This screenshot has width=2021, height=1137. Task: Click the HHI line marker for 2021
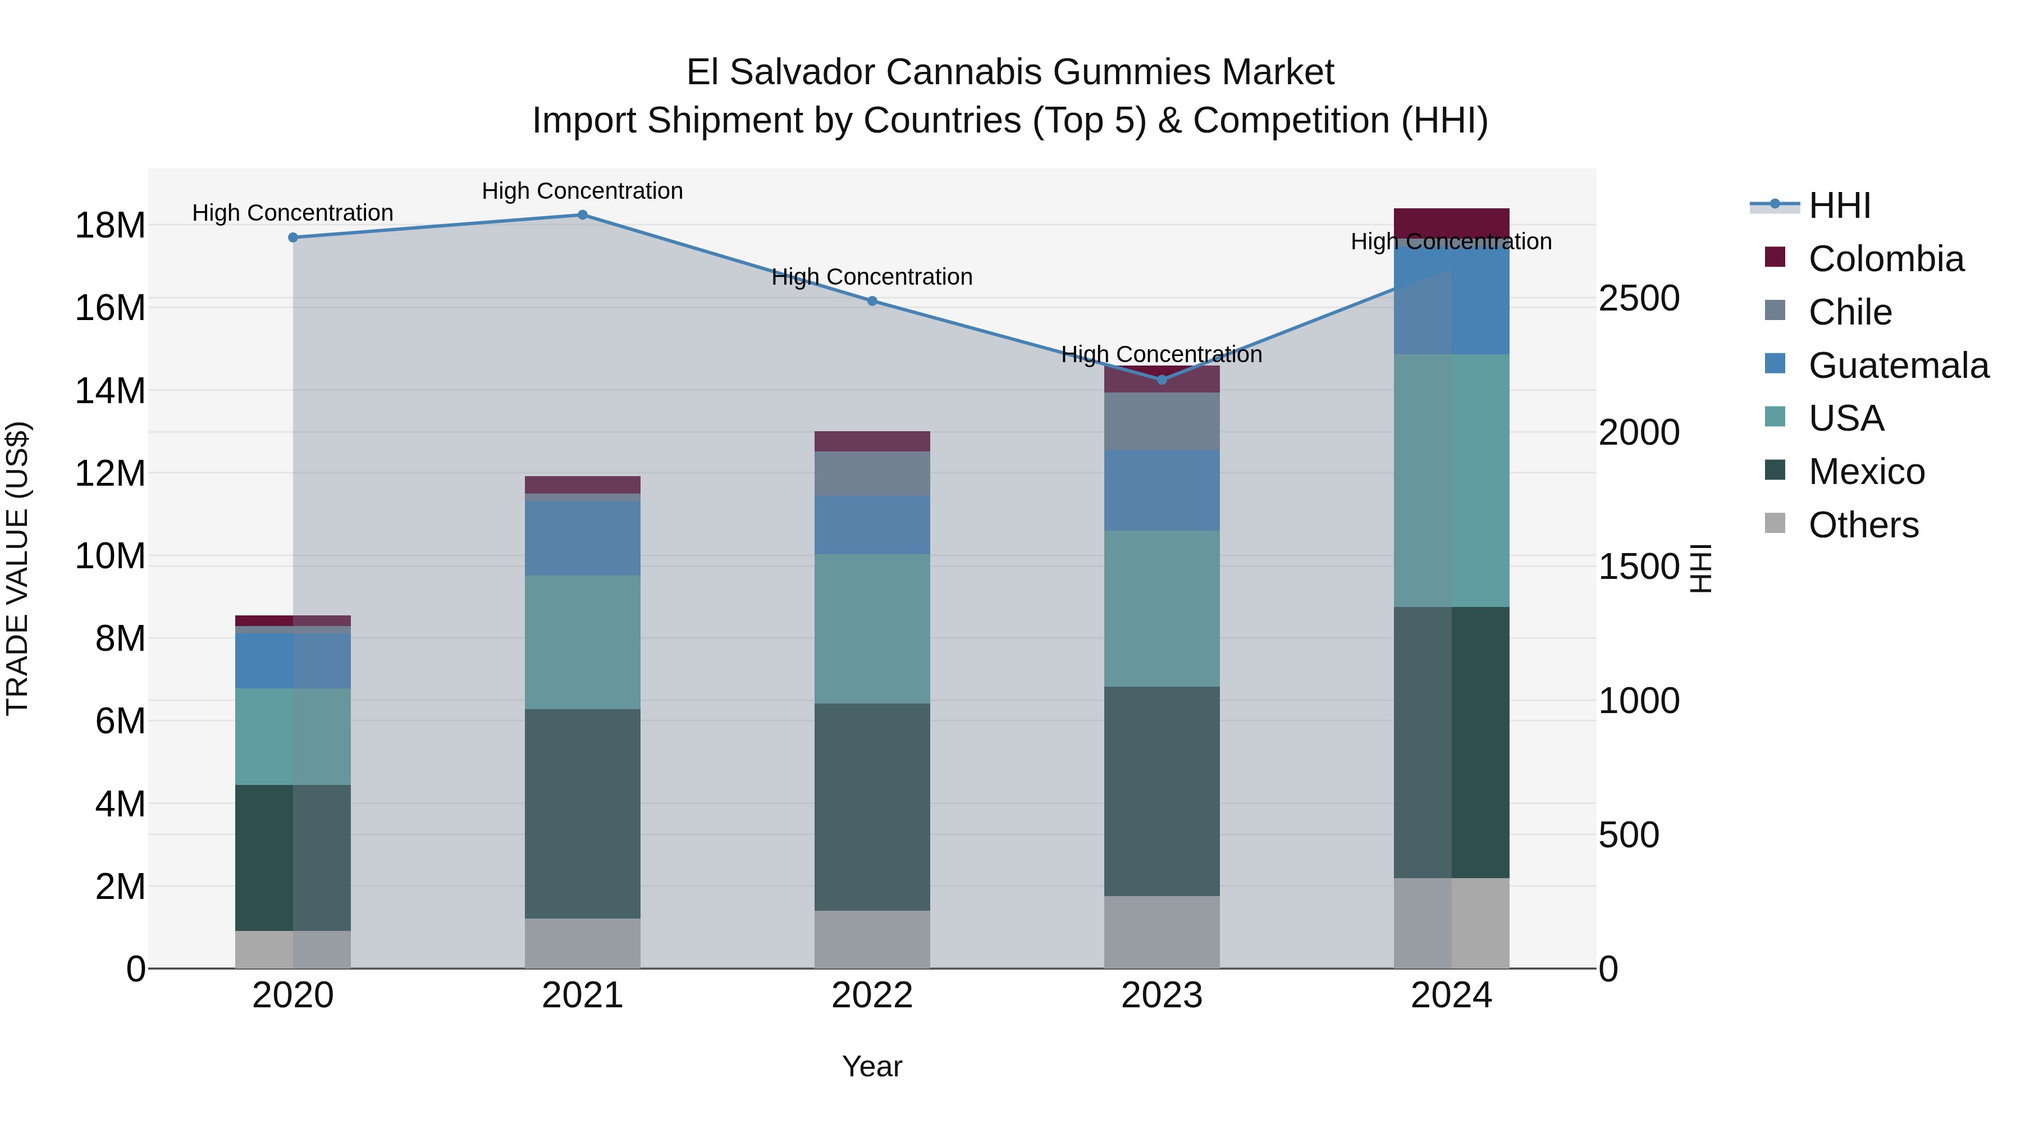[582, 215]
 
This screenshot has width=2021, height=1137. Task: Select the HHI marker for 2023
[1162, 380]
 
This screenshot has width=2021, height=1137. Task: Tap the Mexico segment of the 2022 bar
[872, 807]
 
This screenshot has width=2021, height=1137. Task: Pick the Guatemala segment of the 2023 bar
[1162, 490]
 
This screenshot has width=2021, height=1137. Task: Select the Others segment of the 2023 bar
[1162, 931]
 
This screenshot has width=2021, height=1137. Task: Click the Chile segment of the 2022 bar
[872, 473]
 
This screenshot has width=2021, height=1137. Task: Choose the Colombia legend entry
[1885, 259]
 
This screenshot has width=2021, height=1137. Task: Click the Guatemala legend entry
[1898, 366]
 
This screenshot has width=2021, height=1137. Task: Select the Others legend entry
[1863, 525]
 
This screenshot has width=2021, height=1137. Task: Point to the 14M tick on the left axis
[110, 391]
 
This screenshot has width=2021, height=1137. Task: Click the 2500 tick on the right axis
[1639, 298]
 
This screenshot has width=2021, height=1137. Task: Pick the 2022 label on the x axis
[872, 996]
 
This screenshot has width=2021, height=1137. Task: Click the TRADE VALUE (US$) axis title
[17, 568]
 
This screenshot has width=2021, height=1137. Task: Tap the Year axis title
[872, 1066]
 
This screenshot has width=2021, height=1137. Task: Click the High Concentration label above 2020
[292, 213]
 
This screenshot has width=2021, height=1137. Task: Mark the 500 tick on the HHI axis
[1629, 835]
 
